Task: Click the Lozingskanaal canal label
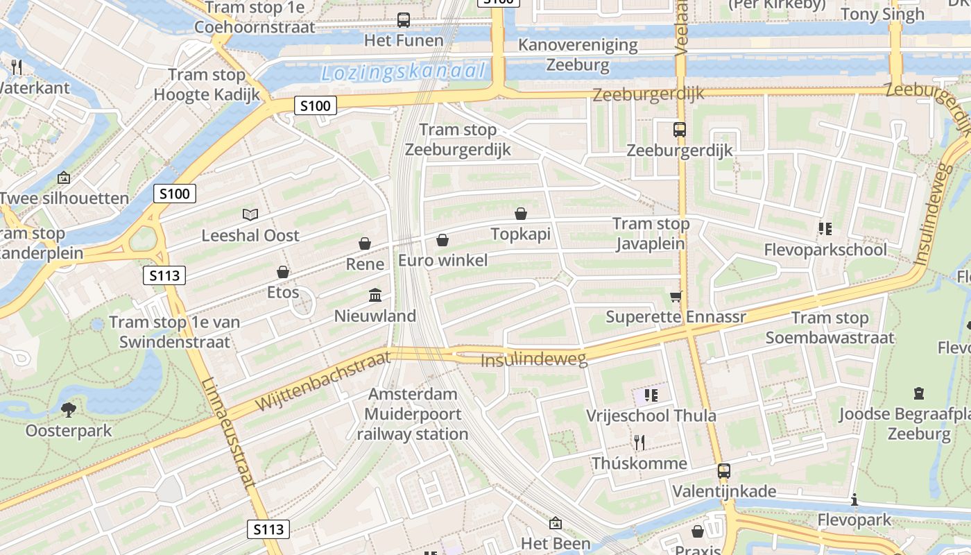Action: point(403,71)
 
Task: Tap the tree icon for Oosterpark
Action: point(68,409)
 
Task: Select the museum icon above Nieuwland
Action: point(375,296)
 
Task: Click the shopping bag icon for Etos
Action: point(283,272)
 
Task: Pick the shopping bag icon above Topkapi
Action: point(521,214)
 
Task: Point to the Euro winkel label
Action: point(442,261)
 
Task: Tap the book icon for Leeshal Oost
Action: point(250,215)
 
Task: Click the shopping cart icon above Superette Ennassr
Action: point(676,296)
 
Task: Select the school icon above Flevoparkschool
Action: point(825,228)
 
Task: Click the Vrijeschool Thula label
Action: point(651,416)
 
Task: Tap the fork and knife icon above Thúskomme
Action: point(639,442)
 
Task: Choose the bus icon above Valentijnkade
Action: point(724,471)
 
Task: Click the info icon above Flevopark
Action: point(854,499)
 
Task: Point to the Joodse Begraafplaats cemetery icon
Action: point(919,393)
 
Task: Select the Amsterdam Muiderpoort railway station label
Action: point(413,414)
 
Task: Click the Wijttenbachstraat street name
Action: point(323,381)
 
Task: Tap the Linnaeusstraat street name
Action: point(230,434)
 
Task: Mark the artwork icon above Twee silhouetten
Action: point(64,178)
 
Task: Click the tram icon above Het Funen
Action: point(404,20)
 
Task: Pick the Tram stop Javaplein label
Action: point(651,234)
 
